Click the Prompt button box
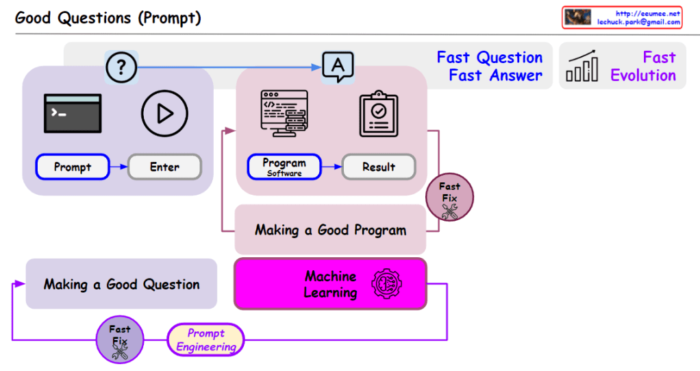pos(73,167)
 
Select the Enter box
pos(164,167)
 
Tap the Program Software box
pos(284,167)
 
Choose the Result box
pos(379,167)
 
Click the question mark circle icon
pos(121,67)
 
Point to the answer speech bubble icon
pos(338,67)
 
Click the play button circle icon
pos(164,113)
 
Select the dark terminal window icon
pos(73,113)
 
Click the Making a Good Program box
pos(330,230)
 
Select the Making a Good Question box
pos(121,284)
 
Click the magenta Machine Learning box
pos(330,284)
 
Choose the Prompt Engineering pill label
pos(205,340)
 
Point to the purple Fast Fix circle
pos(120,340)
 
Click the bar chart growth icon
pos(583,67)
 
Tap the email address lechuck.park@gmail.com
pos(638,22)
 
